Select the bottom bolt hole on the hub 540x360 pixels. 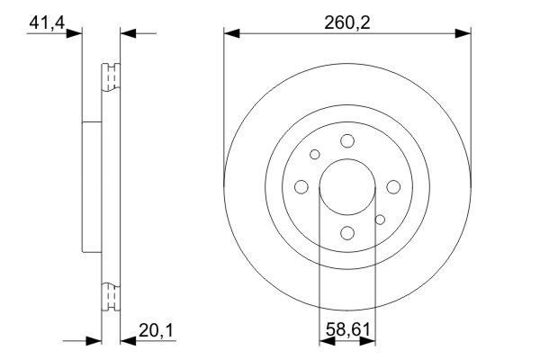(346, 233)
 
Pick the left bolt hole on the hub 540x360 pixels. (301, 186)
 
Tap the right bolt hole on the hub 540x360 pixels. (393, 186)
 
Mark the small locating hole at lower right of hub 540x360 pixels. (380, 219)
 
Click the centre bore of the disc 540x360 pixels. (346, 186)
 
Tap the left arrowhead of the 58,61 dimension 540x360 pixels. (326, 341)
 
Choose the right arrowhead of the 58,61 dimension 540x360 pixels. (368, 341)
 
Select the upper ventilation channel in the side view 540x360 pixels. (110, 77)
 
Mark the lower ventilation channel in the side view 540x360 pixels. (110, 295)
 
